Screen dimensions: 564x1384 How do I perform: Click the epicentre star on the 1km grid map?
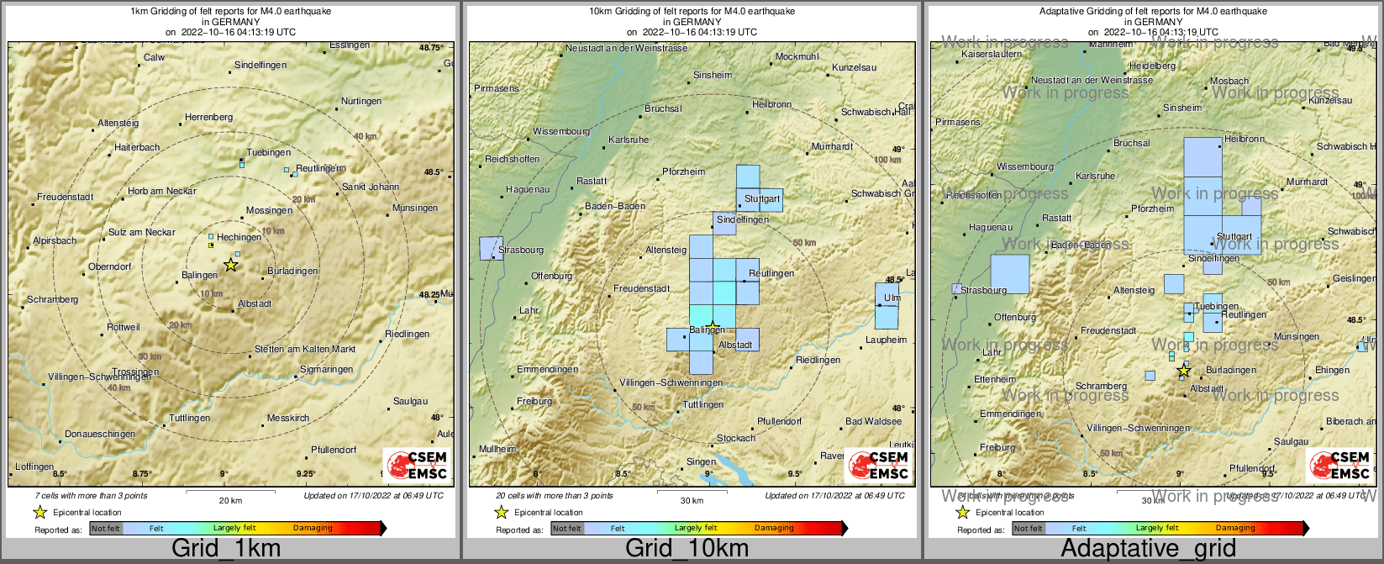pos(231,265)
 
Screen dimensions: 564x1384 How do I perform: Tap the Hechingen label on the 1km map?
pos(239,238)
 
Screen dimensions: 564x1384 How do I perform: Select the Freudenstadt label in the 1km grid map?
pos(65,198)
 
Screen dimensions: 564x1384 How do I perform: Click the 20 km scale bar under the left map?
pos(230,492)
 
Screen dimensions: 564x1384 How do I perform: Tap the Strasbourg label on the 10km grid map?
pos(521,250)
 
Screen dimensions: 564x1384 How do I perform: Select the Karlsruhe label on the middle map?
pos(629,140)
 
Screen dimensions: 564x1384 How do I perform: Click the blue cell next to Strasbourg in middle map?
pos(490,249)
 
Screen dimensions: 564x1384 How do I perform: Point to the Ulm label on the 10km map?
pos(892,298)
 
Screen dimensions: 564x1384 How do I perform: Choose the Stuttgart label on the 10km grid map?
pos(762,199)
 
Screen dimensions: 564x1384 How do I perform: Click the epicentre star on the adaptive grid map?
pos(1184,370)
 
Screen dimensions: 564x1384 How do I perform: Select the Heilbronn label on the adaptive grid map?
pos(1245,140)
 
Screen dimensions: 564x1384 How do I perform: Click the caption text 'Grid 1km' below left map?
pos(226,549)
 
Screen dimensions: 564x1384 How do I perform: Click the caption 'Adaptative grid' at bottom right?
pos(1148,549)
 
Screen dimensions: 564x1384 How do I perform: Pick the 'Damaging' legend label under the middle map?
pos(774,528)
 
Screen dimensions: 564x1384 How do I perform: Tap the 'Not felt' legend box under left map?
pos(106,528)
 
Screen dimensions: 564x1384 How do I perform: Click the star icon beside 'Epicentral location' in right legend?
pos(963,512)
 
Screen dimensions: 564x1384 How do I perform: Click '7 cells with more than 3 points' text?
pos(91,496)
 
